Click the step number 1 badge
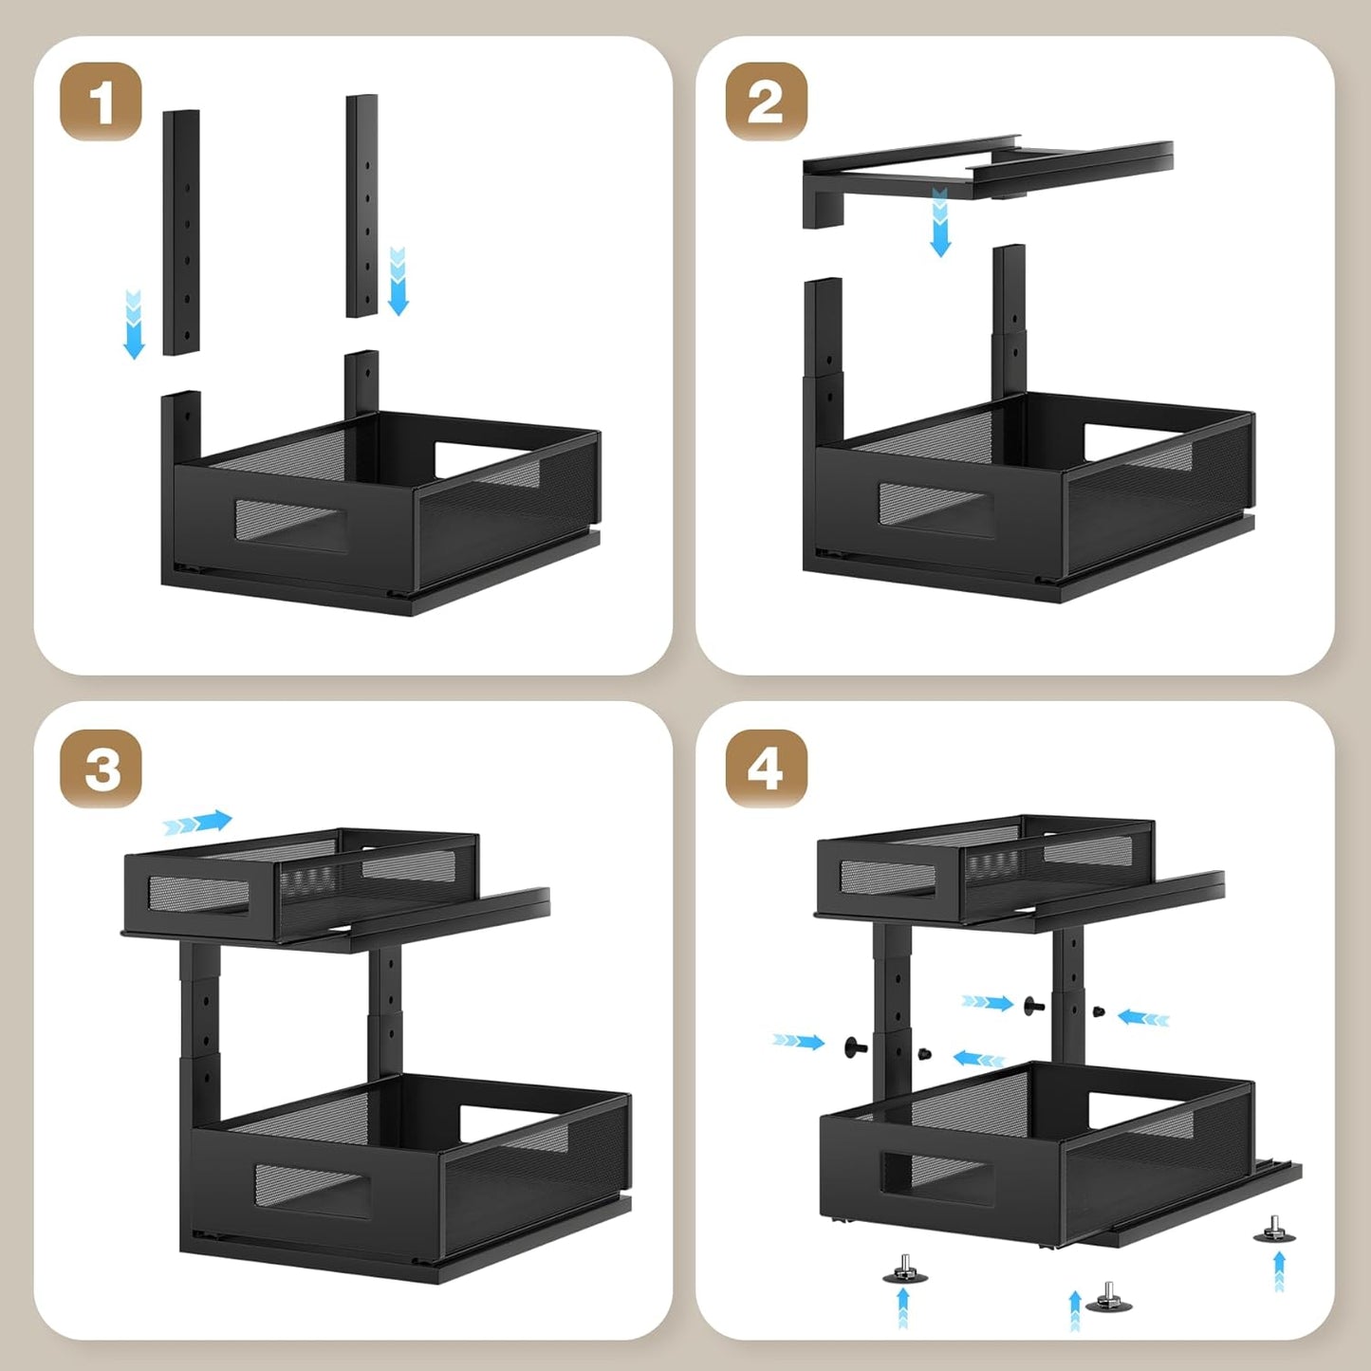coord(101,102)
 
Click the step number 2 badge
coord(766,102)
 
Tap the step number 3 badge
coord(101,768)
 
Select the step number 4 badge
coord(766,768)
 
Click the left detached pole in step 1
coord(181,232)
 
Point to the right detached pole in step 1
coord(361,205)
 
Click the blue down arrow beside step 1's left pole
coord(134,324)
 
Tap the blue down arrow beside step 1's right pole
coord(398,281)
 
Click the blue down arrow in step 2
coord(939,223)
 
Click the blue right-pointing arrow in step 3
coord(197,823)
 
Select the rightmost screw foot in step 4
coord(1274,1230)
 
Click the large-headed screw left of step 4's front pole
coord(856,1047)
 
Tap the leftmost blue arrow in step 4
coord(798,1042)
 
